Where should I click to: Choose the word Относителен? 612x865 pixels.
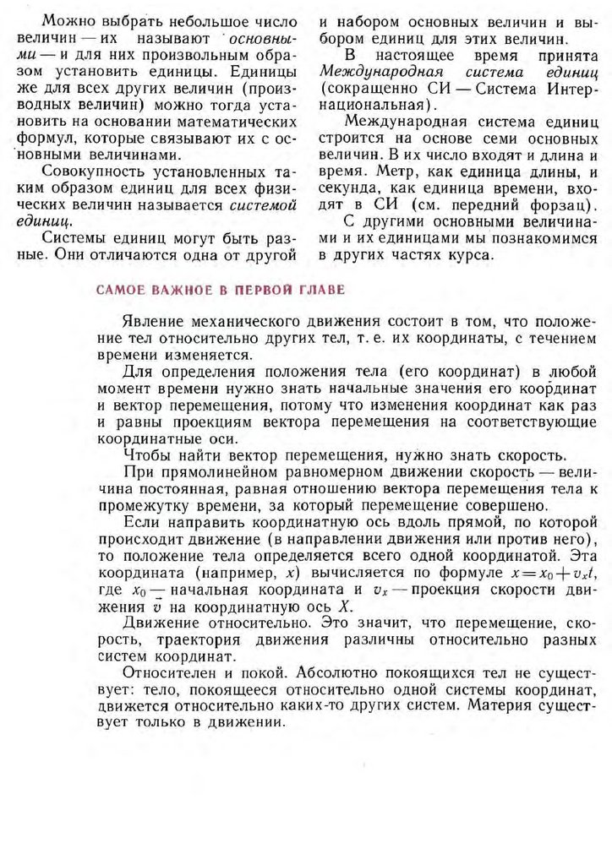(x=169, y=672)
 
